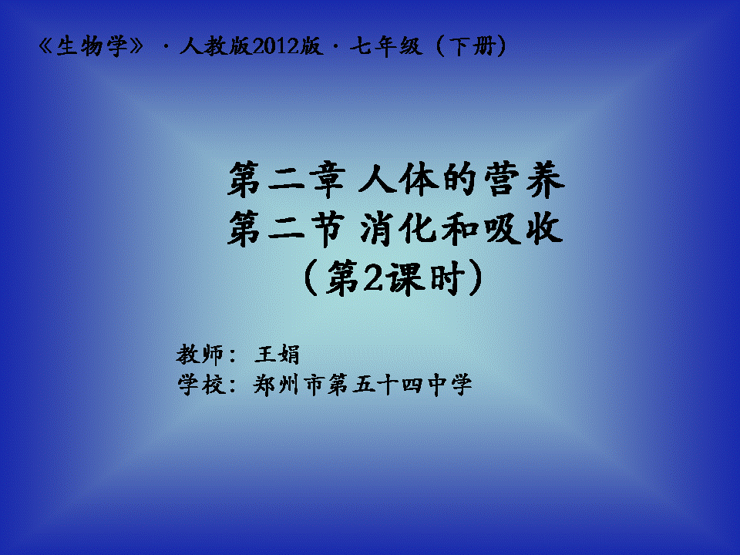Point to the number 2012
276,46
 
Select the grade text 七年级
385,46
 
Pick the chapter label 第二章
287,180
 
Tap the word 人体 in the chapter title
399,180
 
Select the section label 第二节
285,229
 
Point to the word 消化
399,229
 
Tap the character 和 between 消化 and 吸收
460,230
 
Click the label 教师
200,355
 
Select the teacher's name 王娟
277,355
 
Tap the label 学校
201,385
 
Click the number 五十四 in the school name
387,385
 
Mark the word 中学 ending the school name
449,385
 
